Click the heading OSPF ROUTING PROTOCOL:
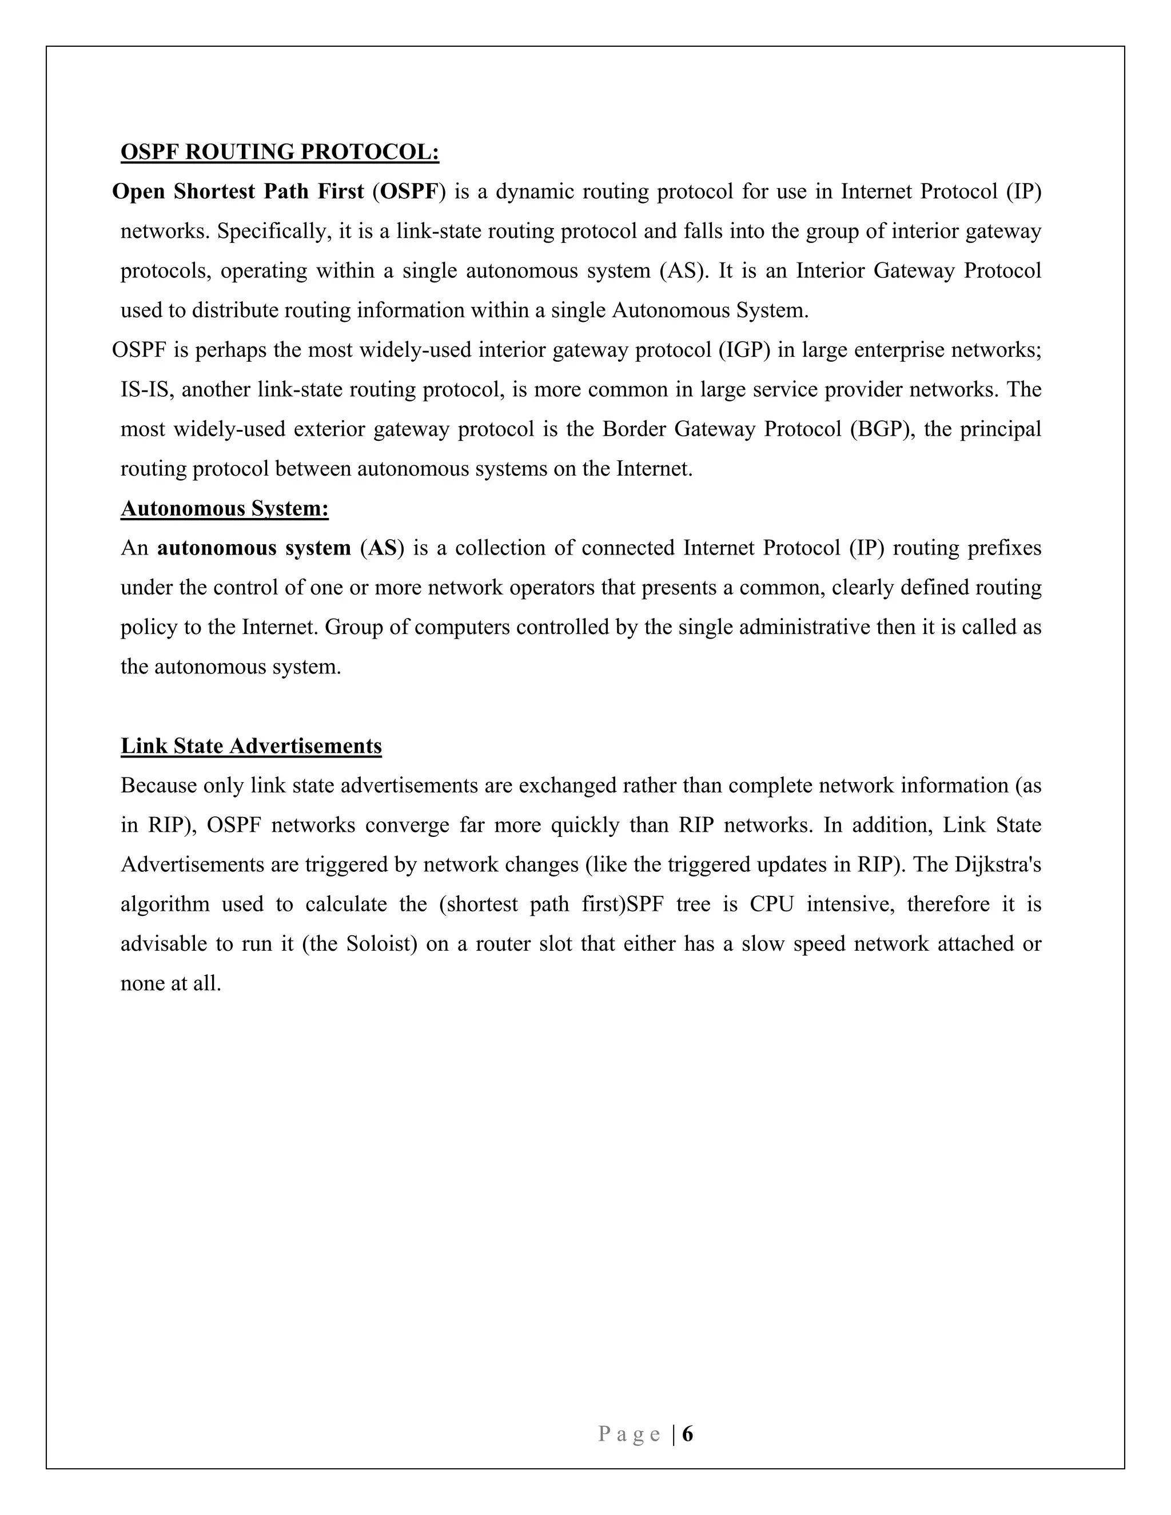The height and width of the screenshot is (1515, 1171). point(280,152)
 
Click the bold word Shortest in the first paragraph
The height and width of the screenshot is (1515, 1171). point(214,192)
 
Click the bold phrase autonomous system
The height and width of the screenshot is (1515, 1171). point(254,548)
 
